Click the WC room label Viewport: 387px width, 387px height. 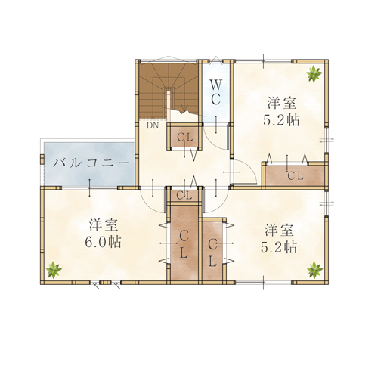(215, 92)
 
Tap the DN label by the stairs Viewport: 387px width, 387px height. (153, 125)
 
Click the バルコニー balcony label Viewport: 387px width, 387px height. (91, 163)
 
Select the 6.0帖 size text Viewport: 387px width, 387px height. (103, 242)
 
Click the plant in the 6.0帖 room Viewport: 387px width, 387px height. (54, 270)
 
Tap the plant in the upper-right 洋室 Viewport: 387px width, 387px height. (314, 73)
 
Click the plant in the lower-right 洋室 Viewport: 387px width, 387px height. (314, 270)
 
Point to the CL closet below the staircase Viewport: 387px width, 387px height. (185, 137)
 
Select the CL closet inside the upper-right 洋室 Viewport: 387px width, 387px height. (295, 176)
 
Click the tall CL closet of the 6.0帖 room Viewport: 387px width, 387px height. (184, 243)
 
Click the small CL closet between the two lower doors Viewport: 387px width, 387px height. (184, 195)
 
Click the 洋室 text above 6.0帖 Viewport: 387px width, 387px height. (104, 225)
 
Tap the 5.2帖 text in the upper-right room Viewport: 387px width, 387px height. (281, 120)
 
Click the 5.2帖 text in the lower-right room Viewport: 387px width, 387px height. (279, 247)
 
